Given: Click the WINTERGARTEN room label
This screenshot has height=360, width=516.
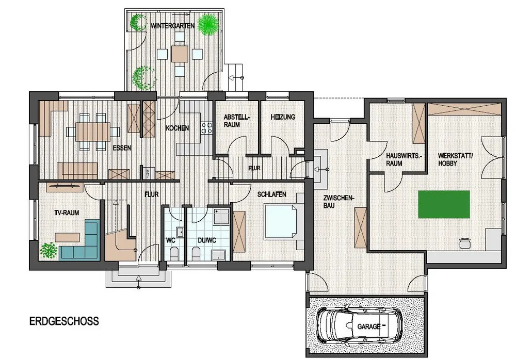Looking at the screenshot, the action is tap(172, 26).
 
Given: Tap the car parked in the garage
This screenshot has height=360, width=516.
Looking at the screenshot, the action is tap(359, 326).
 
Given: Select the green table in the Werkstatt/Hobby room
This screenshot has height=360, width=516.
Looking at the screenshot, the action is tap(444, 204).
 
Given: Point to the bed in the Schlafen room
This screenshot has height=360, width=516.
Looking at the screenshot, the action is tap(281, 221).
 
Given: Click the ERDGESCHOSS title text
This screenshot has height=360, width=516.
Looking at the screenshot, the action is tap(64, 321).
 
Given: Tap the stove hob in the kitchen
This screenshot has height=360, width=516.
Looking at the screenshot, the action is tap(207, 128).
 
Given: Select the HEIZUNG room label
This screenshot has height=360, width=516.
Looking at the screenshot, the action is tap(283, 117).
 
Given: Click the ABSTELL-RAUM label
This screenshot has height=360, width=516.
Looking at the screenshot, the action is tap(236, 121).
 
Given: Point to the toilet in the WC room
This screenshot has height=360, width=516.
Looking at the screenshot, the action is tap(174, 254).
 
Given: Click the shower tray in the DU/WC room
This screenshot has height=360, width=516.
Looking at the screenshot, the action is tap(221, 216).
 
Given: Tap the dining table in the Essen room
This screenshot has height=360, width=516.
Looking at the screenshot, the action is tap(93, 132).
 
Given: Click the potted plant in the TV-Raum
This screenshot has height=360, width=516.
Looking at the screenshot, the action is tap(49, 251).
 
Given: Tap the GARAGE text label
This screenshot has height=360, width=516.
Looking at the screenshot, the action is tap(369, 326).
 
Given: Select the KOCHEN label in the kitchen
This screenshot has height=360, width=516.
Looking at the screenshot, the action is tap(177, 128).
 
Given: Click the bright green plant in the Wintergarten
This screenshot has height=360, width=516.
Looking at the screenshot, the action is tap(208, 24).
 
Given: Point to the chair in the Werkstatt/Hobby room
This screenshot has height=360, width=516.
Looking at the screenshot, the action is tap(464, 243).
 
